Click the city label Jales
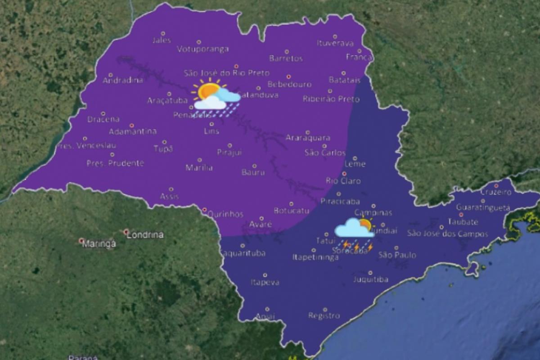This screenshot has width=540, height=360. pos(162,40)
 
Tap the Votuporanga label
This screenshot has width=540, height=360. pos(203,49)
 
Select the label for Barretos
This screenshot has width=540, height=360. pos(286,58)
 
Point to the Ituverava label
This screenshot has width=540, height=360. pos(335,44)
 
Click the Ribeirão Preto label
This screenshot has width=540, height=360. pos(325,99)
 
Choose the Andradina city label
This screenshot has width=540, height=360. pos(123,81)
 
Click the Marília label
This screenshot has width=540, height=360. pos(199,168)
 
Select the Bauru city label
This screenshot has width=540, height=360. pos(253,172)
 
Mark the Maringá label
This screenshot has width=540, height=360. pos(99,244)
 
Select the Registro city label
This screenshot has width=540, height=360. pos(324,315)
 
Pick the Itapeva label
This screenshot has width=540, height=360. pos(265,283)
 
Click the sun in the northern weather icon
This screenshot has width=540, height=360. pos(207,91)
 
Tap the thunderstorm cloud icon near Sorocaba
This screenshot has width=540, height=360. pos(354,229)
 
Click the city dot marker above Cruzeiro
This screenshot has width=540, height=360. pos(496,185)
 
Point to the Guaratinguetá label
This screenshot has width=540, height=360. pos(483,207)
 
